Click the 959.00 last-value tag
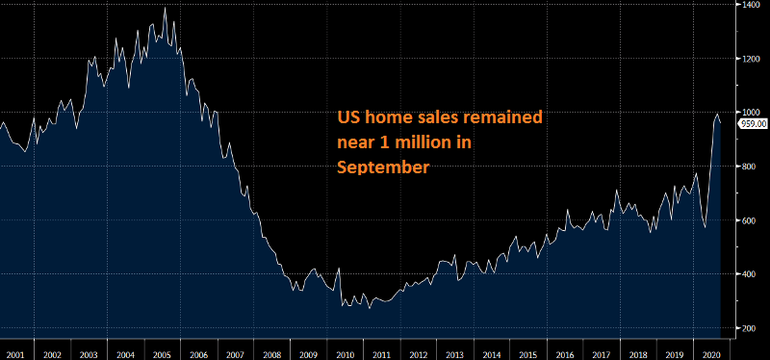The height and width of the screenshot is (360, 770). pyautogui.click(x=752, y=123)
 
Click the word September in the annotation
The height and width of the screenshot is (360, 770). pyautogui.click(x=382, y=167)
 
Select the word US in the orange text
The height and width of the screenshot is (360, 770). pyautogui.click(x=348, y=118)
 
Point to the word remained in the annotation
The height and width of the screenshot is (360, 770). pyautogui.click(x=504, y=118)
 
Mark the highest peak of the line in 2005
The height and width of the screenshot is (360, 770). pyautogui.click(x=165, y=9)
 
